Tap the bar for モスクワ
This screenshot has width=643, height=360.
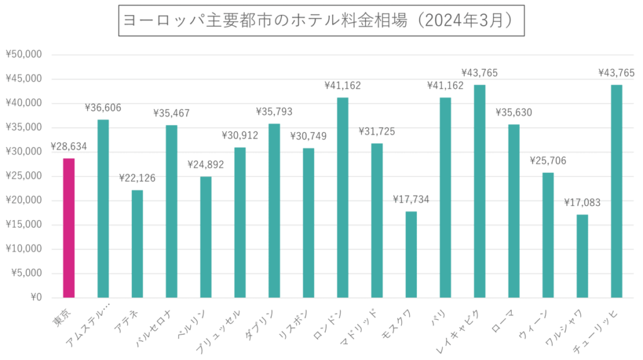point(411,254)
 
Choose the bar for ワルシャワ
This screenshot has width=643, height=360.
point(582,255)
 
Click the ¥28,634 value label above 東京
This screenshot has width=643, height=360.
point(68,147)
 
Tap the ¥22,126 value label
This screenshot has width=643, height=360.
point(137,179)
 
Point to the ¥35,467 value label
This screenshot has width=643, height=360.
point(171,114)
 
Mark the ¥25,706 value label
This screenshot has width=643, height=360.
point(548,161)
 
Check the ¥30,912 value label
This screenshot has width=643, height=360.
point(240,136)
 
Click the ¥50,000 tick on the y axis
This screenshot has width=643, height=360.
point(24,55)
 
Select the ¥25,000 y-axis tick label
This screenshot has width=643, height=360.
point(24,177)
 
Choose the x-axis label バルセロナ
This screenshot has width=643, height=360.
point(156,320)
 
